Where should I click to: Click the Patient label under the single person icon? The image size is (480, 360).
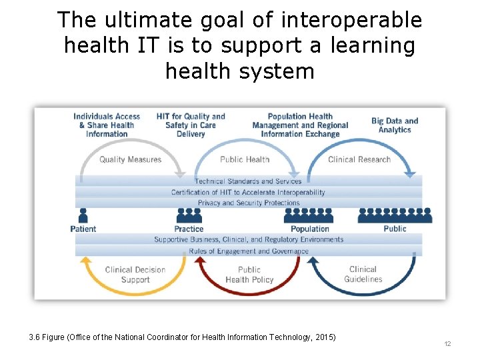[83, 229]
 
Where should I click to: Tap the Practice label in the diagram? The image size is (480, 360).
[189, 229]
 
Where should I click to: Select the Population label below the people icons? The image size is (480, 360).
[310, 229]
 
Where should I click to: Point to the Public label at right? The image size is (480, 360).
[395, 229]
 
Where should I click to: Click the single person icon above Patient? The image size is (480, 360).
[83, 215]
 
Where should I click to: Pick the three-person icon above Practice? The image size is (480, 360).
[189, 215]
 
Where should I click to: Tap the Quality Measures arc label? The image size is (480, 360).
[131, 159]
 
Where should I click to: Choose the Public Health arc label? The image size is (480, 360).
[245, 159]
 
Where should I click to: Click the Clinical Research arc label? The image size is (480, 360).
[359, 159]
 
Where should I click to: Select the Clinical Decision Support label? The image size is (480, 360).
[135, 275]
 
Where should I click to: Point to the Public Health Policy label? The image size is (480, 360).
[249, 275]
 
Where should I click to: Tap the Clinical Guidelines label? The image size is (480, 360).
[363, 275]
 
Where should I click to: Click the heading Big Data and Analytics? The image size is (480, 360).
[395, 125]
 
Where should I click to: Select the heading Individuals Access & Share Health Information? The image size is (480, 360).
[107, 125]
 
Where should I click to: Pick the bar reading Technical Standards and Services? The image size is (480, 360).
[248, 181]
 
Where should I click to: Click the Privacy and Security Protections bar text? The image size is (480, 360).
[249, 203]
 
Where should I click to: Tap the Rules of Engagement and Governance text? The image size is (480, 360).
[249, 251]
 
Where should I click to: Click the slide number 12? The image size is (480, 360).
[447, 343]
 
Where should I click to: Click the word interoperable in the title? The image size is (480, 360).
[351, 20]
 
